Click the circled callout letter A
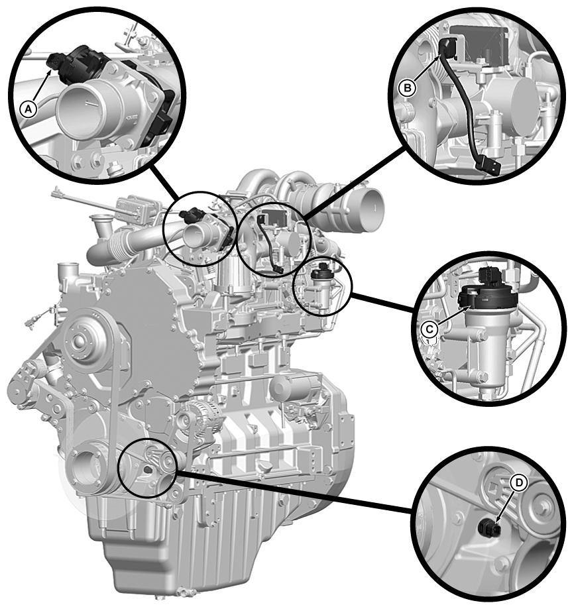tap(29, 109)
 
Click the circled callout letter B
tap(407, 88)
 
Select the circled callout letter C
tap(429, 329)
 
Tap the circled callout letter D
tap(518, 482)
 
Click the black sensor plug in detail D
tap(489, 528)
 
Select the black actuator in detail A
tap(76, 62)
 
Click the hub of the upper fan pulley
tap(80, 341)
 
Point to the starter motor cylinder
tap(294, 388)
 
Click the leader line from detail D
tap(294, 491)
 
